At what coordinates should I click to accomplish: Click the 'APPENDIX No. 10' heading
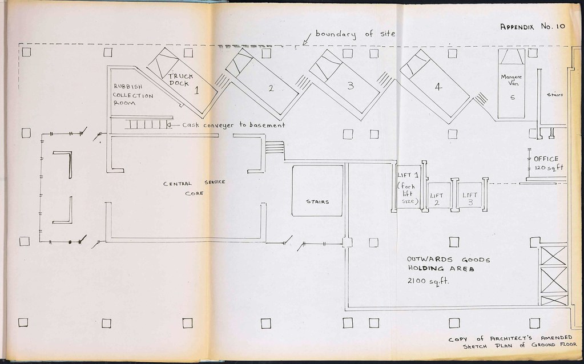(x=533, y=26)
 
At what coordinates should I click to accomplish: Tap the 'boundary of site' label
(x=355, y=34)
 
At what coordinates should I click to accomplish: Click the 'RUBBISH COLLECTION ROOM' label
(x=133, y=95)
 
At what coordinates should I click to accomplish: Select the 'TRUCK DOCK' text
(x=180, y=80)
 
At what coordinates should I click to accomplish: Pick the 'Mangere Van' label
(x=511, y=80)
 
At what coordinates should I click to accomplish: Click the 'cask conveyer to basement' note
(x=233, y=125)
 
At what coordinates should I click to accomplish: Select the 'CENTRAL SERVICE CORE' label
(x=194, y=188)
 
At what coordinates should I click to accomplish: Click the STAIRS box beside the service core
(x=317, y=191)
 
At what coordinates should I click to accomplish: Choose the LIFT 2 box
(x=440, y=195)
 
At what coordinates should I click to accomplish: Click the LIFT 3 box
(x=470, y=195)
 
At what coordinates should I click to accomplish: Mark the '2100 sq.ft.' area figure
(x=428, y=281)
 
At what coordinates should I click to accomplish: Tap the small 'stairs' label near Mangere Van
(x=554, y=95)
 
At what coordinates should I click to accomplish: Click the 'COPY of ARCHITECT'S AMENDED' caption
(x=510, y=338)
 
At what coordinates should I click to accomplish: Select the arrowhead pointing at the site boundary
(x=305, y=42)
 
